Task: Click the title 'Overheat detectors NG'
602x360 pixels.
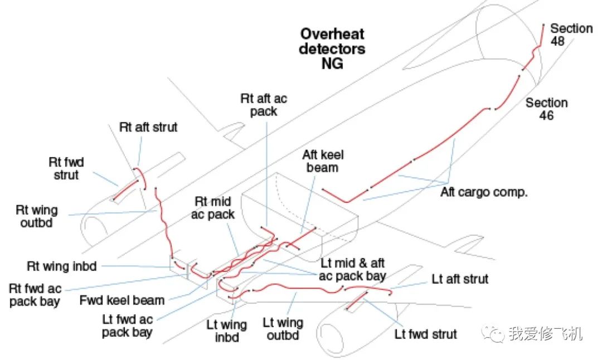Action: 332,48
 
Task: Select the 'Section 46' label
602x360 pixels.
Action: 546,109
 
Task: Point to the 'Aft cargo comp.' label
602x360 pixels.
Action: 484,193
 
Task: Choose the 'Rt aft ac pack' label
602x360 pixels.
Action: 264,105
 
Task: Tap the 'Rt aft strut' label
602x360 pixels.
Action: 148,127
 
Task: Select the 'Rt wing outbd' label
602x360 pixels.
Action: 37,217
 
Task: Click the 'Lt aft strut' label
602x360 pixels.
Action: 460,279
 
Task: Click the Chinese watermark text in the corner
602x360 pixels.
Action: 545,334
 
